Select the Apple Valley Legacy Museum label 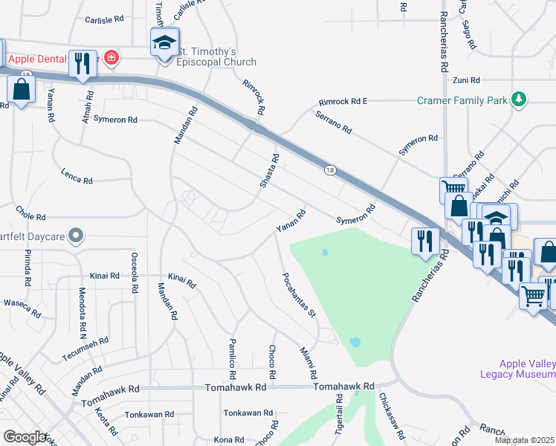[x=527, y=369]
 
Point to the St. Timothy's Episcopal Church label [x=216, y=57]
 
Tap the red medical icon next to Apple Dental [x=111, y=56]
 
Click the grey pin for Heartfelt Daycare [x=75, y=236]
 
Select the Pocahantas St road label [x=299, y=294]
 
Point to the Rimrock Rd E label [x=343, y=101]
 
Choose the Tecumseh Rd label [x=85, y=349]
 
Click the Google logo [x=24, y=437]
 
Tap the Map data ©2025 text [x=524, y=440]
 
